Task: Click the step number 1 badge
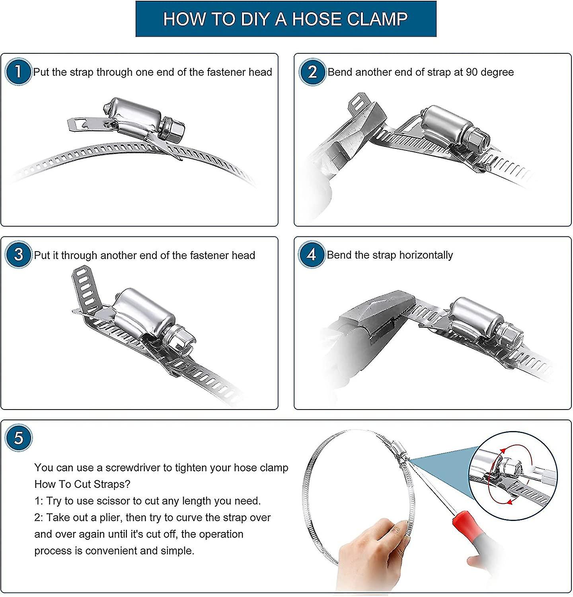tap(18, 72)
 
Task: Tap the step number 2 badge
tap(312, 72)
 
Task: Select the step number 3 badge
tap(18, 255)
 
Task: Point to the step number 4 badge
tap(312, 254)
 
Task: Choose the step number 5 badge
tap(18, 438)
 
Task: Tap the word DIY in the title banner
tap(255, 19)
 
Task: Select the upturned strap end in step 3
tap(84, 288)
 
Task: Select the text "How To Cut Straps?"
tap(82, 484)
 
